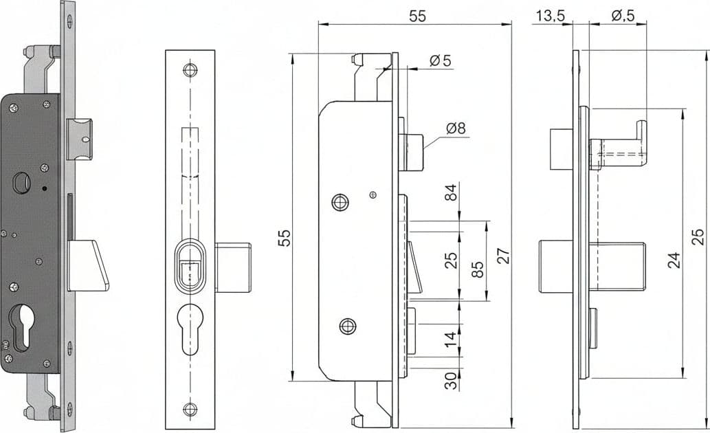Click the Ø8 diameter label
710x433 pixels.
click(x=456, y=128)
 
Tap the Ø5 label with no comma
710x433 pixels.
click(x=441, y=60)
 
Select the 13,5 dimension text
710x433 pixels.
click(x=551, y=16)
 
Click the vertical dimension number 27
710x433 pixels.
click(x=504, y=256)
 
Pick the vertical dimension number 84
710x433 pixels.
click(x=452, y=192)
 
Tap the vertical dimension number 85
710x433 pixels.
click(x=477, y=269)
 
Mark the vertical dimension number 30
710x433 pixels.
click(x=451, y=381)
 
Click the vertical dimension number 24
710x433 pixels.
click(x=674, y=260)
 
